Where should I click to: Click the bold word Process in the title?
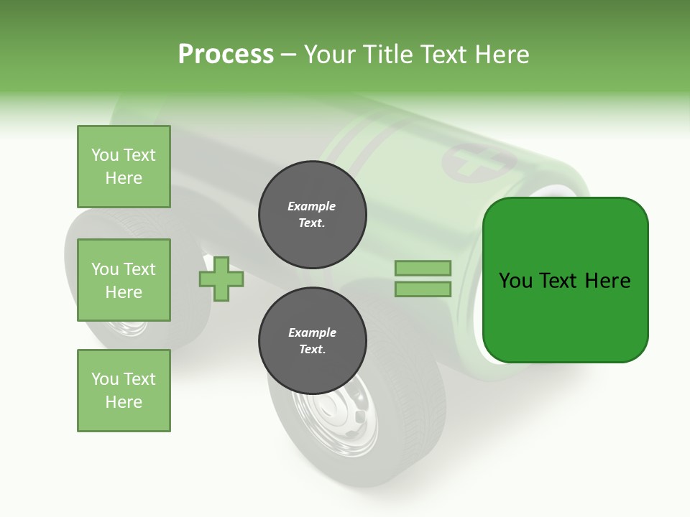tap(226, 55)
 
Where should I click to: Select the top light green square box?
tap(124, 167)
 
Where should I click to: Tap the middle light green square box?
tap(124, 280)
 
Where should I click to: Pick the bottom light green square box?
tap(124, 391)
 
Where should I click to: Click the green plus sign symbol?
tap(221, 278)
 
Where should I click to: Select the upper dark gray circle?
tap(313, 215)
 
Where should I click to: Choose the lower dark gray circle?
tap(313, 341)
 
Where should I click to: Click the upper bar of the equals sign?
tap(423, 268)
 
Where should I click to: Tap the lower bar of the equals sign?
tap(423, 289)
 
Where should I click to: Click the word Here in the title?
tap(500, 55)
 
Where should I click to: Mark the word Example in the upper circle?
tap(312, 206)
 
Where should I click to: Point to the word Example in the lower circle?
tap(312, 332)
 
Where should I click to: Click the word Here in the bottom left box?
tap(124, 402)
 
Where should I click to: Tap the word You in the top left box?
tap(105, 155)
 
